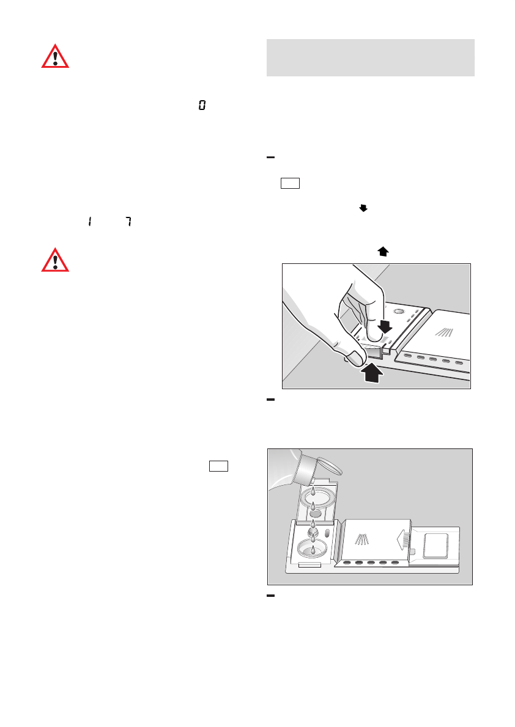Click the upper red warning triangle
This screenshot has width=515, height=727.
pos(55,56)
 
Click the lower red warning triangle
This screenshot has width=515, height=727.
pos(55,260)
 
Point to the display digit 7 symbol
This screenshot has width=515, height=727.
pos(128,223)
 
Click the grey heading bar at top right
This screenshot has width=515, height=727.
pos(371,58)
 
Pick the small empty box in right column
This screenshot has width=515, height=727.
pos(290,183)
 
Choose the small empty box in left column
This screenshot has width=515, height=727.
pos(218,466)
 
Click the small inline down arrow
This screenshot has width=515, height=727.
pos(363,209)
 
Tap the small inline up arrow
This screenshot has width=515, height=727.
pos(383,251)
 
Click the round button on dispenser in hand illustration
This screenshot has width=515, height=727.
pos(398,311)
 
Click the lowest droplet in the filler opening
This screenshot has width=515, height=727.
pos(313,550)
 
